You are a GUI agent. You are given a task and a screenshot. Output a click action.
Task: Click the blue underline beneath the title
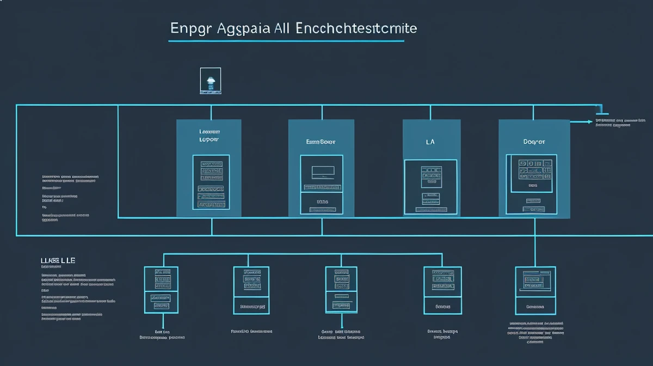[286, 40]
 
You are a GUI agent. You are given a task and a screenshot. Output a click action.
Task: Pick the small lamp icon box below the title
[211, 81]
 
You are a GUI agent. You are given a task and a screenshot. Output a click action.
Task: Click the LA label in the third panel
[430, 141]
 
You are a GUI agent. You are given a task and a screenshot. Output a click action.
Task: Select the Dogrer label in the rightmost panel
[534, 141]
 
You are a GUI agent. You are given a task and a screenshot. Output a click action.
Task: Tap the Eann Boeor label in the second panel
[321, 141]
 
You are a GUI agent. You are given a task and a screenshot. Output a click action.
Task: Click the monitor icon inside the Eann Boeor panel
[322, 173]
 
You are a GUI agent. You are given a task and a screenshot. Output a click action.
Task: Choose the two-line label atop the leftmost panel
[210, 136]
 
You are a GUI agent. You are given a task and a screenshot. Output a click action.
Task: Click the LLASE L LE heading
[58, 261]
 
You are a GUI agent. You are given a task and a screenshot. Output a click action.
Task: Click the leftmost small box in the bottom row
[161, 290]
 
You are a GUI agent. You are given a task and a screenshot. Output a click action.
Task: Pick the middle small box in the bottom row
[341, 290]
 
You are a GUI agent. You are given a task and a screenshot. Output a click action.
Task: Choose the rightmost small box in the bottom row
[535, 290]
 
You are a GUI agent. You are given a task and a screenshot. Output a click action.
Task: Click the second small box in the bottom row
[251, 290]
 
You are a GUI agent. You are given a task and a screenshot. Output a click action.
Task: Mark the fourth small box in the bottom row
[442, 290]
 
